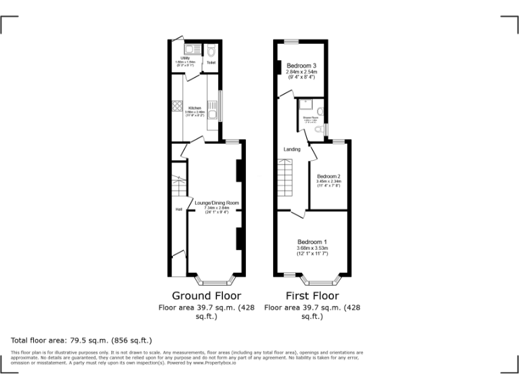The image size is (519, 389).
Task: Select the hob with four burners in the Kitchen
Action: (178, 106)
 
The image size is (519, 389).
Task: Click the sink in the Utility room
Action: (189, 49)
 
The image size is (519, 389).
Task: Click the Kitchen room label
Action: (195, 108)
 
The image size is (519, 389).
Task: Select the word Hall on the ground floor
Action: (178, 209)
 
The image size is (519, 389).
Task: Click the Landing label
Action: (292, 149)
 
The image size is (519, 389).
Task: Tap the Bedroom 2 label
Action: (328, 177)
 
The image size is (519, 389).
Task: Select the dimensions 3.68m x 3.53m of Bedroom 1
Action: (312, 248)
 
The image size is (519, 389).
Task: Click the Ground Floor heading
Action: (206, 296)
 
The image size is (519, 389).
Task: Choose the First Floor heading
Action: (312, 296)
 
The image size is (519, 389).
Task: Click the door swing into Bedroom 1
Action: (297, 214)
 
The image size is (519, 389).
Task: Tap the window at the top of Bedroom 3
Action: (291, 42)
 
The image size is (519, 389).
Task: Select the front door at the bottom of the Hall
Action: (178, 255)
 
